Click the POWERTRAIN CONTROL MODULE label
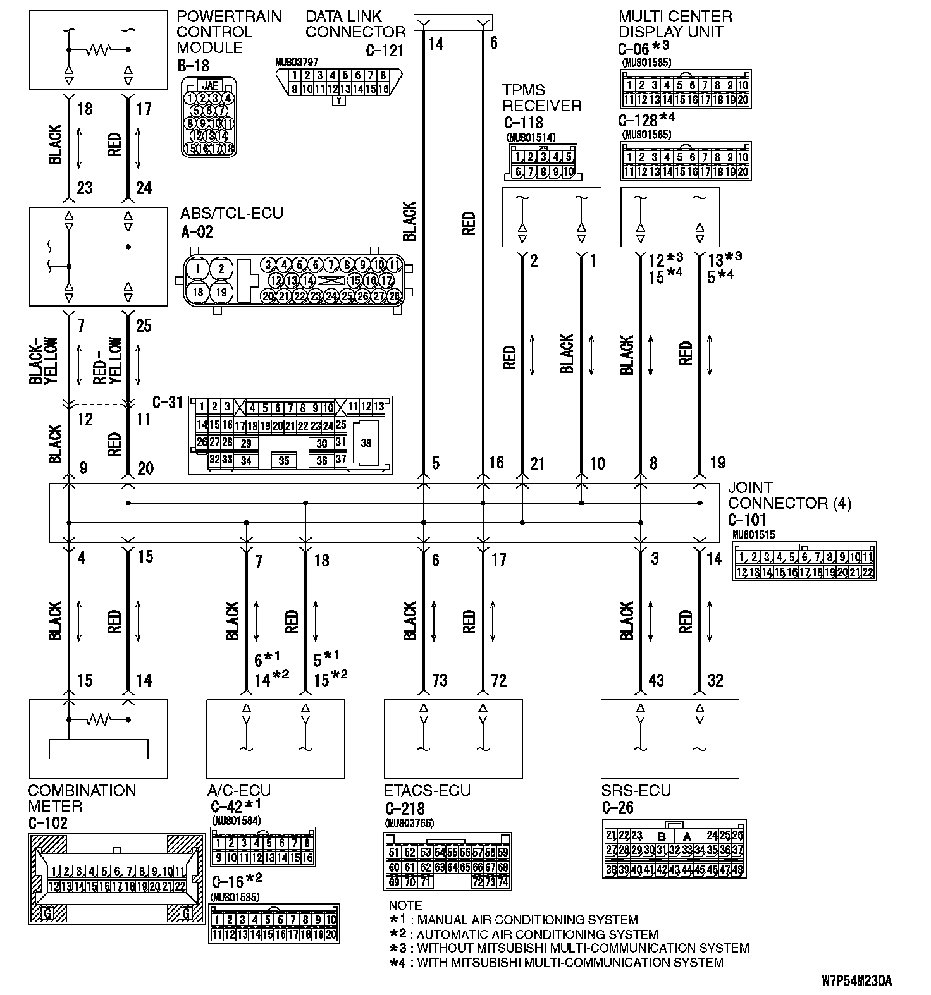click(x=228, y=32)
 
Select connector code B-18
click(x=194, y=66)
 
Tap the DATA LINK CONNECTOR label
click(x=355, y=24)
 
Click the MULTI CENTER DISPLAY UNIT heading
click(x=675, y=24)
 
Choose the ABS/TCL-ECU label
click(x=231, y=214)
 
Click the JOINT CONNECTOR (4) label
click(x=789, y=496)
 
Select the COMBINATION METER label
click(x=82, y=798)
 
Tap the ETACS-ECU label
click(x=427, y=791)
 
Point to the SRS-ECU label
click(x=636, y=791)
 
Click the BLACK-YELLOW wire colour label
click(x=43, y=361)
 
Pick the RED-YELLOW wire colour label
click(x=108, y=361)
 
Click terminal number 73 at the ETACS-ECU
click(x=440, y=681)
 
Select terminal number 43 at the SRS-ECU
click(x=656, y=681)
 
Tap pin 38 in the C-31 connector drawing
click(x=366, y=443)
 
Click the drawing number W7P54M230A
click(x=857, y=981)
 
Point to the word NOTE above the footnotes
click(x=405, y=905)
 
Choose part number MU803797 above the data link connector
click(x=297, y=62)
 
